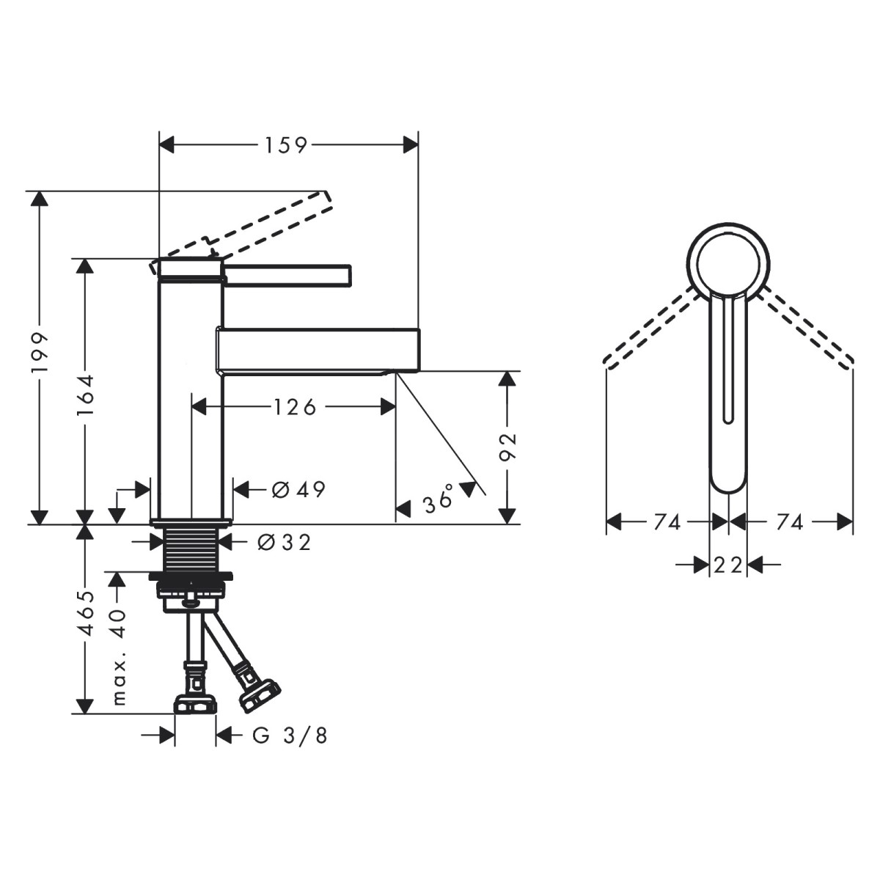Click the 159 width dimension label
286,144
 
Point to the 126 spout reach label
295,406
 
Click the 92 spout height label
507,446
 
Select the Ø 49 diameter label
298,490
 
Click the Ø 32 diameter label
284,542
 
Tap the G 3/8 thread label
290,736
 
